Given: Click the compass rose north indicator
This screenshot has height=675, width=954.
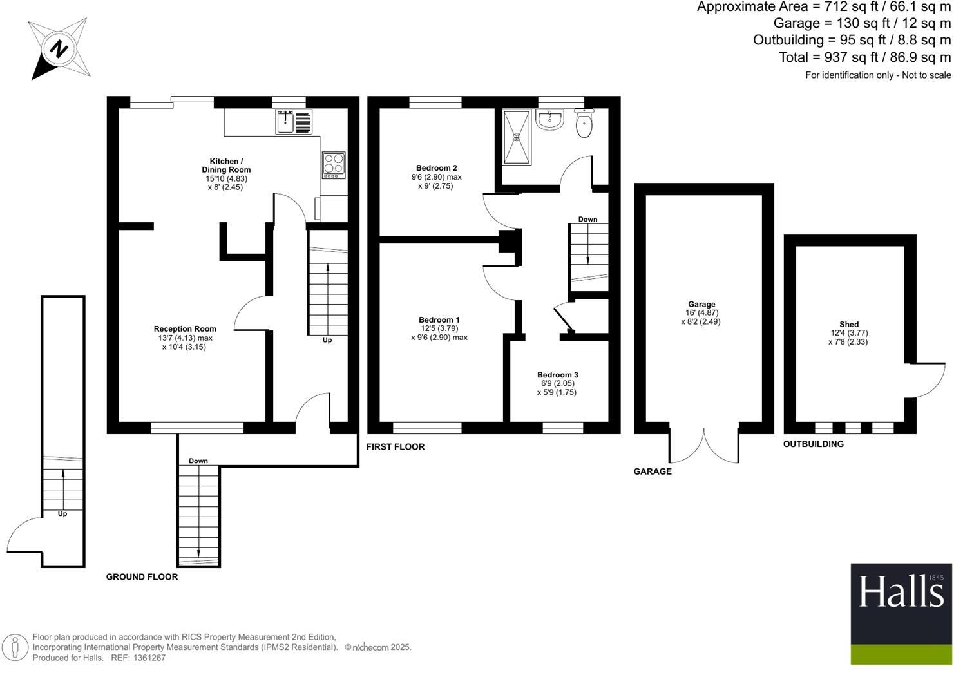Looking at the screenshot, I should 59,49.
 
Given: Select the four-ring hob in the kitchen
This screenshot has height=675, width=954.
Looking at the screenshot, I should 334,166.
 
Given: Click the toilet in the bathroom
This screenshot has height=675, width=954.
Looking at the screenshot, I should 584,124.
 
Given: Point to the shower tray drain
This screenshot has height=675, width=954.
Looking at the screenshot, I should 517,137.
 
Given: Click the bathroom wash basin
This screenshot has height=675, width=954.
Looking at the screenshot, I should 549,120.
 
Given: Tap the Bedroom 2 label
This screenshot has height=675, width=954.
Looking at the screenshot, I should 436,168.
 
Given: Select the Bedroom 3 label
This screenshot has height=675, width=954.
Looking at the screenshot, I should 557,375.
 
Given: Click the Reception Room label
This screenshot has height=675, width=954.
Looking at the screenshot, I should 185,329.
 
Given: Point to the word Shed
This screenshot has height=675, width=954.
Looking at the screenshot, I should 848,325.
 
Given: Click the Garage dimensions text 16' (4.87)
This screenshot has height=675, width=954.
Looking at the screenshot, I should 701,313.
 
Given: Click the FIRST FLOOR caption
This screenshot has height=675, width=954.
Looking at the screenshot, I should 396,447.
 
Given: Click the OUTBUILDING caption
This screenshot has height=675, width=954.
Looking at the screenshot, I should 813,444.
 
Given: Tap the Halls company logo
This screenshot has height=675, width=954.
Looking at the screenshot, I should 901,614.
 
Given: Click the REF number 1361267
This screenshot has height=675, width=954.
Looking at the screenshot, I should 148,658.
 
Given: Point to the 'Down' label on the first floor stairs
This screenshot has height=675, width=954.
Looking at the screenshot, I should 587,220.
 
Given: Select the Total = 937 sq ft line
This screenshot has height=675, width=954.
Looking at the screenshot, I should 864,57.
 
